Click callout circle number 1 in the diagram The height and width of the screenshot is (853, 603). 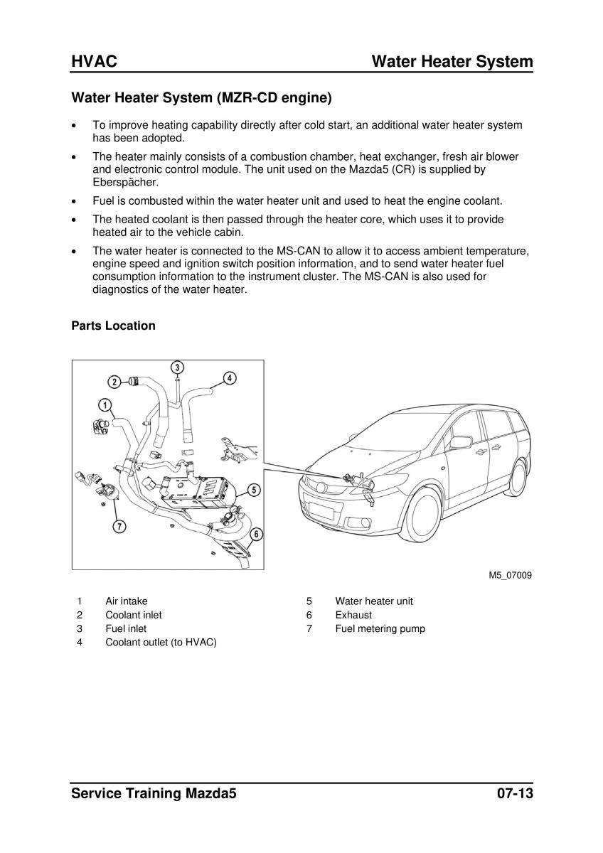click(x=105, y=406)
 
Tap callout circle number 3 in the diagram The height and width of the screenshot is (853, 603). click(x=177, y=367)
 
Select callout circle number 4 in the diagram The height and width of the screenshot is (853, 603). click(x=230, y=377)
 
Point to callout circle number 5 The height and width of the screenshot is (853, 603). click(x=255, y=489)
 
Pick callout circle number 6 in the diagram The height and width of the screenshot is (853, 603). click(x=256, y=533)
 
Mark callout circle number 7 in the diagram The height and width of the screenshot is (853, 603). click(x=119, y=527)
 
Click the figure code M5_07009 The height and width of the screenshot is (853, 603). click(x=510, y=576)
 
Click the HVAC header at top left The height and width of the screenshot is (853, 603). click(x=94, y=62)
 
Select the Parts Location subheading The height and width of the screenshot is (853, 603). click(x=113, y=326)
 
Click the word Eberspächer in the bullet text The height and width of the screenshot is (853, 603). click(x=122, y=182)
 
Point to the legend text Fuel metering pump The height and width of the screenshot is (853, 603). click(x=380, y=628)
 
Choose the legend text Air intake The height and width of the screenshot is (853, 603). click(x=127, y=601)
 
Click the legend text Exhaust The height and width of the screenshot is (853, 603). click(x=353, y=615)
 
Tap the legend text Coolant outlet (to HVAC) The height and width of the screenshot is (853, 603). click(x=161, y=643)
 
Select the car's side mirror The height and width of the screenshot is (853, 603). click(x=460, y=442)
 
